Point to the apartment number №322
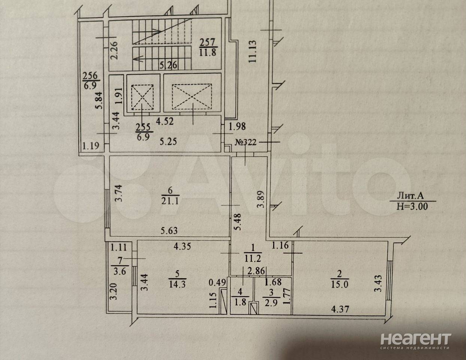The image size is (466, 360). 246,142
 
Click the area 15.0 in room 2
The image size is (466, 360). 340,284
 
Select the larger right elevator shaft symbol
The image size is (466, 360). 192,97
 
